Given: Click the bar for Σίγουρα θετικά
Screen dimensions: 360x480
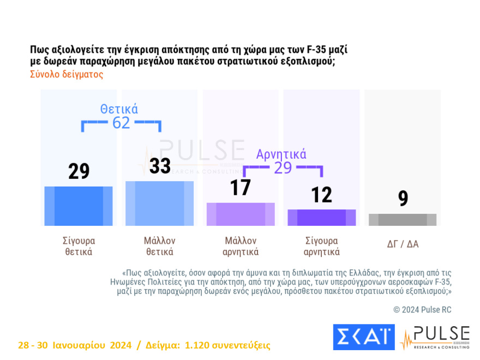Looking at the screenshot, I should (79, 206).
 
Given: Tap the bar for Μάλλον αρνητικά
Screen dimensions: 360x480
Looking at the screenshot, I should (241, 214).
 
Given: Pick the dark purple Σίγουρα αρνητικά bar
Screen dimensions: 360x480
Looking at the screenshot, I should (322, 217).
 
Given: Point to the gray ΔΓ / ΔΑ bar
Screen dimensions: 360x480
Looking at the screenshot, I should (403, 219).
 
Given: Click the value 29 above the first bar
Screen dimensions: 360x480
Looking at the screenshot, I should (79, 171).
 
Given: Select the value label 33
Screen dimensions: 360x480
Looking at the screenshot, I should (160, 166).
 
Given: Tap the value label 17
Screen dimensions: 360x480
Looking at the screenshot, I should (240, 187).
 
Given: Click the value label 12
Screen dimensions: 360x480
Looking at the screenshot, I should (321, 194).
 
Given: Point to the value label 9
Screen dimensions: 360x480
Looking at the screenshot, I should (403, 199).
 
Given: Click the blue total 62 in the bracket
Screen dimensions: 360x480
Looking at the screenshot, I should (121, 123).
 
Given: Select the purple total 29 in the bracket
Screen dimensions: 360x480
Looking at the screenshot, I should (283, 168).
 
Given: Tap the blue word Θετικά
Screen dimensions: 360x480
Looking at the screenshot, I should (119, 109).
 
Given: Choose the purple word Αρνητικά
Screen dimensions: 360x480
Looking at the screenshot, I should (281, 154).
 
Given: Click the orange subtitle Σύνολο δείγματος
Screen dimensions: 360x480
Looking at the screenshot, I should (66, 75).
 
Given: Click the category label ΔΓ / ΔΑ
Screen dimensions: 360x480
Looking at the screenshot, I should (403, 244).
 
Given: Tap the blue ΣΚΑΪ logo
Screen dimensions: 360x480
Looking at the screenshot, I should (363, 337).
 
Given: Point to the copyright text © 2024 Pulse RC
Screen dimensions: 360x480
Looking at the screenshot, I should (422, 310).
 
